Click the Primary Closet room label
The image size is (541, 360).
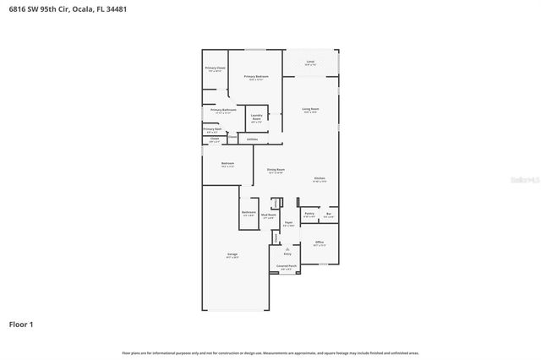(x=215, y=68)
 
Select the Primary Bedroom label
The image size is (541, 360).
(x=256, y=77)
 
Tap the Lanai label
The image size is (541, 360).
(x=310, y=62)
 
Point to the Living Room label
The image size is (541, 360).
(x=310, y=109)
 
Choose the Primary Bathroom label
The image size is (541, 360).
(x=223, y=110)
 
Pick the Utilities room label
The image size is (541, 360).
(x=252, y=139)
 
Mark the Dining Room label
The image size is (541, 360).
(x=276, y=170)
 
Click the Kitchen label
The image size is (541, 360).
(x=320, y=178)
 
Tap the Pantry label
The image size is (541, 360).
(x=309, y=214)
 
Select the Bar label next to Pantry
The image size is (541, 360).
(x=329, y=214)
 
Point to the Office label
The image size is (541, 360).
(x=320, y=243)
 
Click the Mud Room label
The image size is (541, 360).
(x=269, y=216)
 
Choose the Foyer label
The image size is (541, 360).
(x=288, y=223)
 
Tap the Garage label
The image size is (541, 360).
(x=232, y=254)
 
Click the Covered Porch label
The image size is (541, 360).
(x=287, y=265)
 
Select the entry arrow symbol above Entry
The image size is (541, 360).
(x=287, y=248)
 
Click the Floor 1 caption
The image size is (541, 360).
(x=20, y=324)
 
